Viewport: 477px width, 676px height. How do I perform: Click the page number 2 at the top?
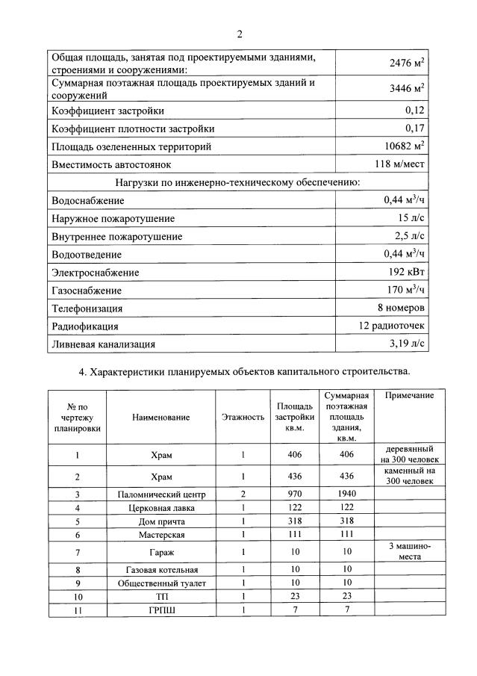(x=240, y=34)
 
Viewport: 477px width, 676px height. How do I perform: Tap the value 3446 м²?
(x=406, y=89)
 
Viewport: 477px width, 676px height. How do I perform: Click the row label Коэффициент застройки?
(x=107, y=111)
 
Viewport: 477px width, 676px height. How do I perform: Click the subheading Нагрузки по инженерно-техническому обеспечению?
(x=238, y=182)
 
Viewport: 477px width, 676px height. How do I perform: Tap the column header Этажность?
(x=243, y=418)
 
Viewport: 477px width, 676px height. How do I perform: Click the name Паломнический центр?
(x=161, y=494)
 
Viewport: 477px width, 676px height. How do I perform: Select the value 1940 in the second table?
(x=346, y=494)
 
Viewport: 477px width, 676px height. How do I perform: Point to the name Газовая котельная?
(x=161, y=570)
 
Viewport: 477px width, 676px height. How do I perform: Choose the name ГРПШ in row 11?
(x=161, y=610)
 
